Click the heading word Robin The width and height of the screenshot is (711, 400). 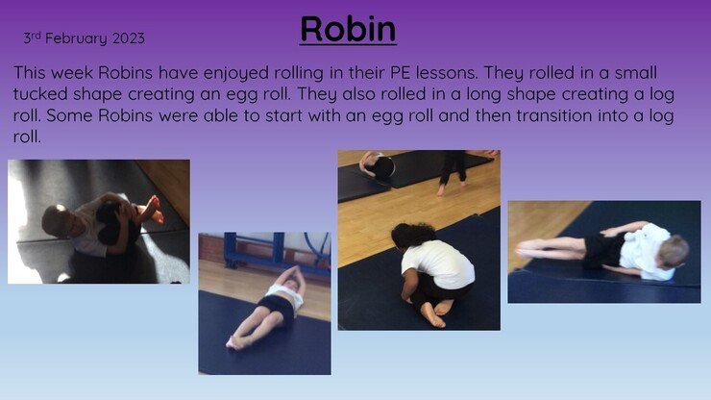(x=348, y=29)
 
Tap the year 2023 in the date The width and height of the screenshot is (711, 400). (x=129, y=38)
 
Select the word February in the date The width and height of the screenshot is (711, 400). (x=76, y=39)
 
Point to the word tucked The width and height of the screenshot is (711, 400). (x=40, y=94)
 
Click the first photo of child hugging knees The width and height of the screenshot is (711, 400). (x=99, y=221)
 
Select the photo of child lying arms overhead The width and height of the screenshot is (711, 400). (x=265, y=303)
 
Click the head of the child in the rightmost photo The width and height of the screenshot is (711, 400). (x=674, y=251)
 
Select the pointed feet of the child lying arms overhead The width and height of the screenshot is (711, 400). (x=235, y=342)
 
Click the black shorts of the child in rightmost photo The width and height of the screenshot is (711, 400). (x=601, y=250)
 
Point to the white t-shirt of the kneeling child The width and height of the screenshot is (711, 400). (x=437, y=263)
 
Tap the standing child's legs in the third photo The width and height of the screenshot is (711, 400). (x=453, y=171)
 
